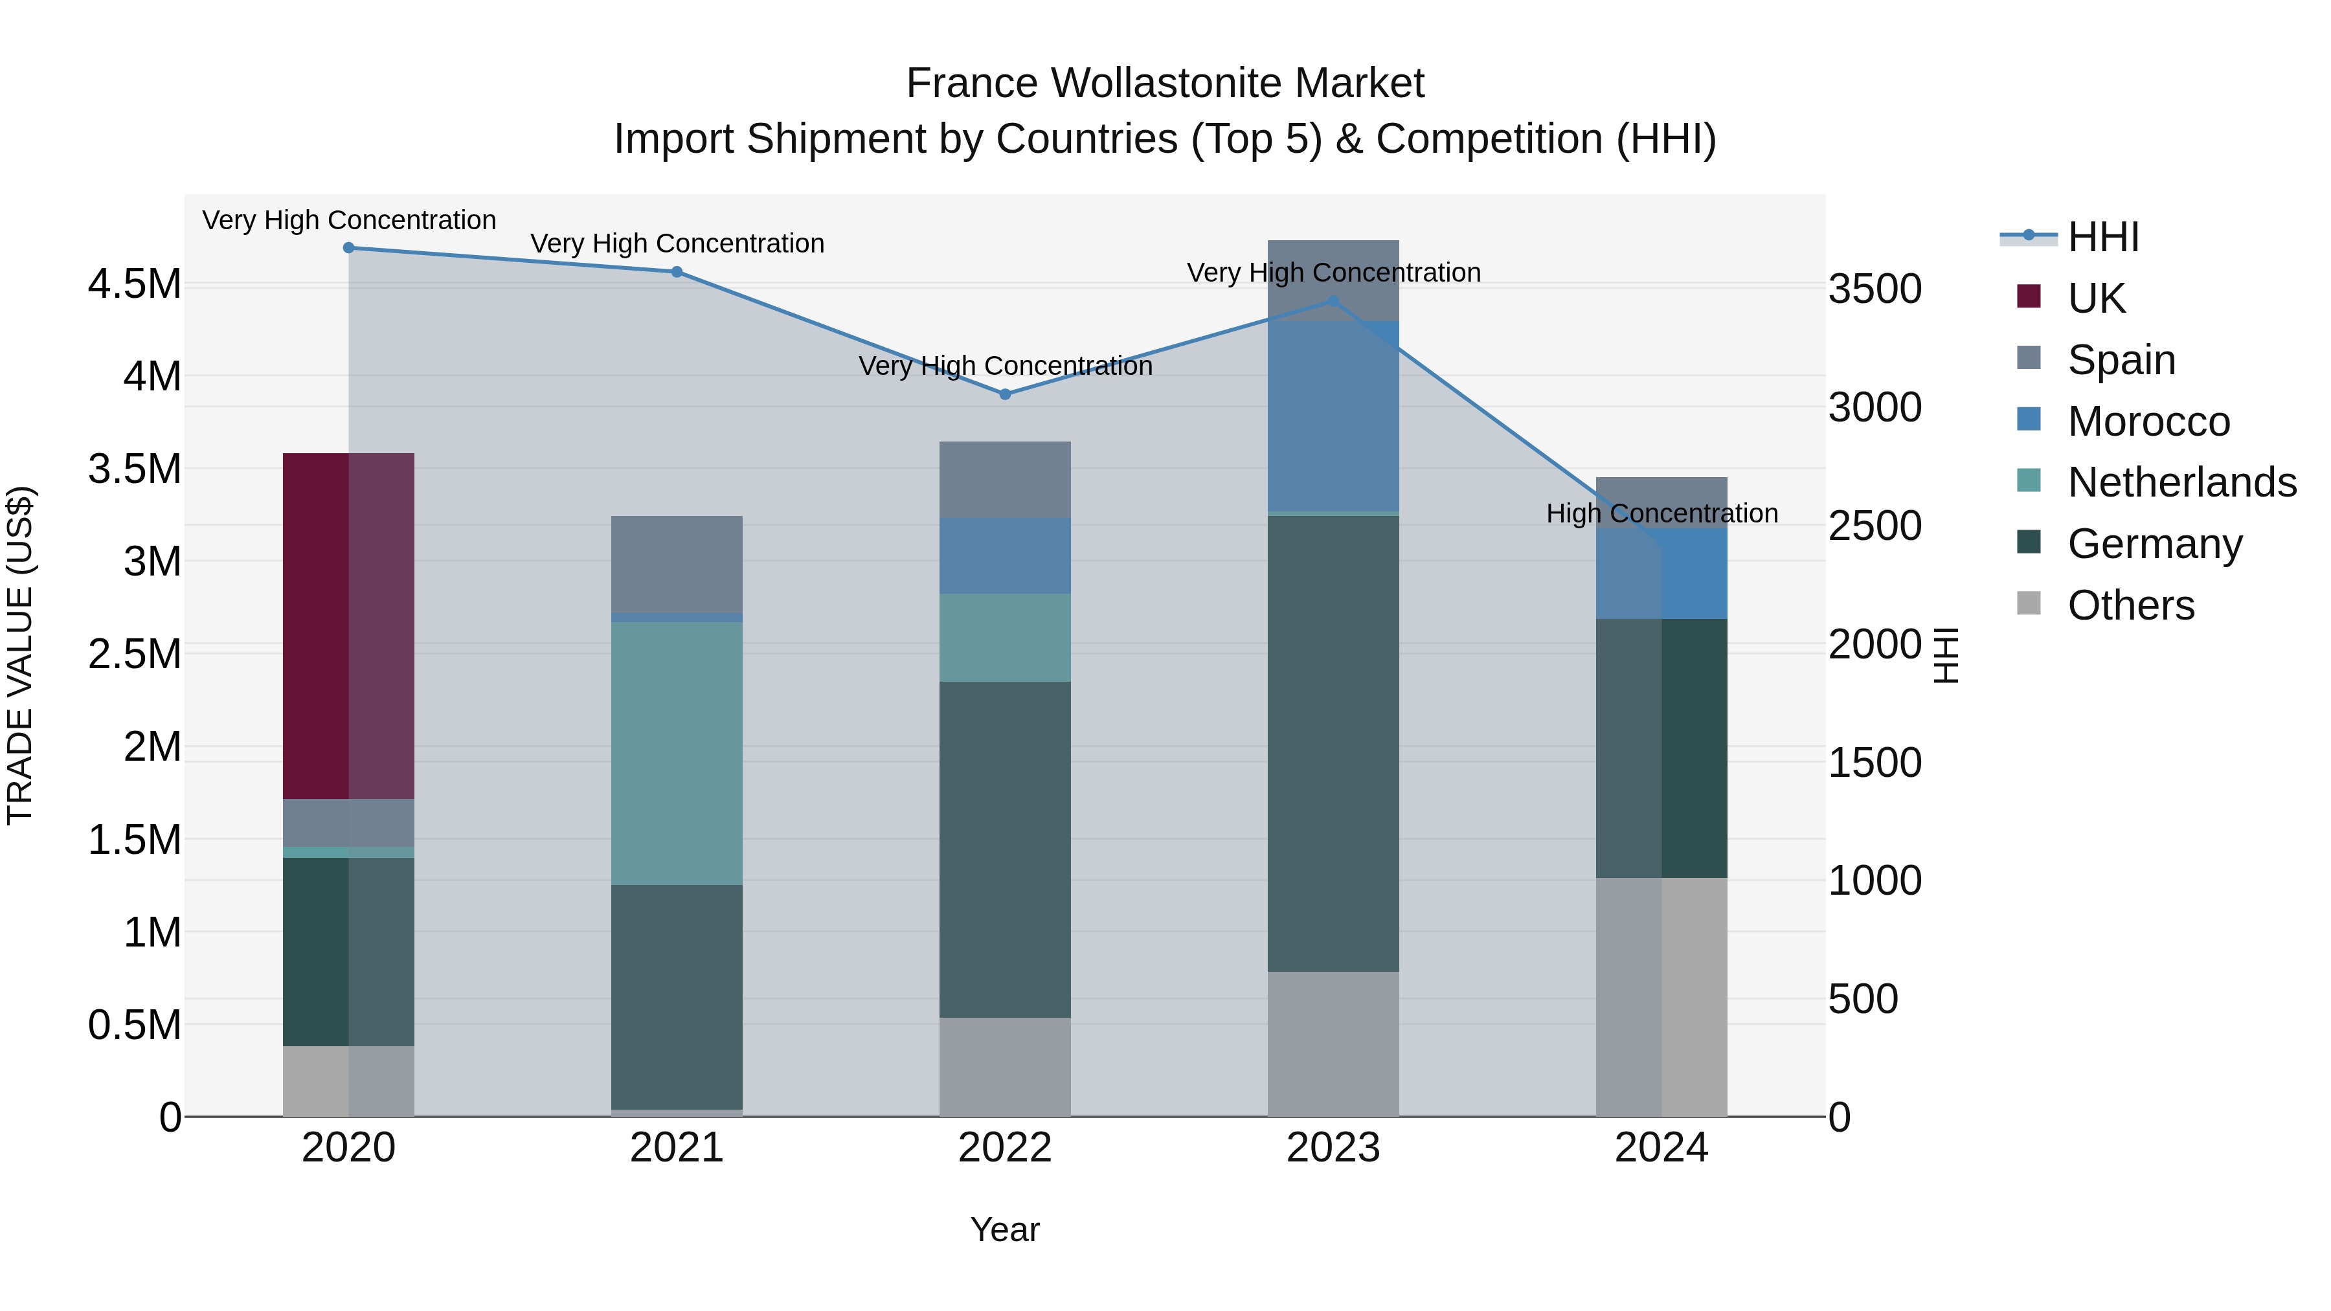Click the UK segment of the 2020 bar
[348, 625]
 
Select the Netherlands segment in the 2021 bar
[676, 753]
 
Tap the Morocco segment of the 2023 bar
[1333, 416]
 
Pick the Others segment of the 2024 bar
[1661, 996]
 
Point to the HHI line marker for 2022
[1004, 394]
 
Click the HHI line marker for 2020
[348, 248]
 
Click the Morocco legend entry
[2148, 421]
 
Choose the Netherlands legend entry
[2181, 483]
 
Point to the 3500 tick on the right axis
[1875, 289]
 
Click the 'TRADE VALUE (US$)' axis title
[20, 655]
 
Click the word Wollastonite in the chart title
[1166, 84]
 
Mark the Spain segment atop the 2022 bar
[1004, 480]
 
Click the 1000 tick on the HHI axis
[1875, 881]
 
